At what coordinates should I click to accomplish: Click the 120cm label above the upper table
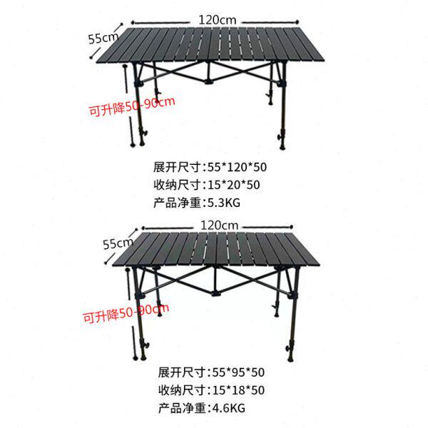pos(218,20)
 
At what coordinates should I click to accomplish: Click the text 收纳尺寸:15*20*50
pos(206,184)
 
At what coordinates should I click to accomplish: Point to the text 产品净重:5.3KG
pos(196,202)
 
